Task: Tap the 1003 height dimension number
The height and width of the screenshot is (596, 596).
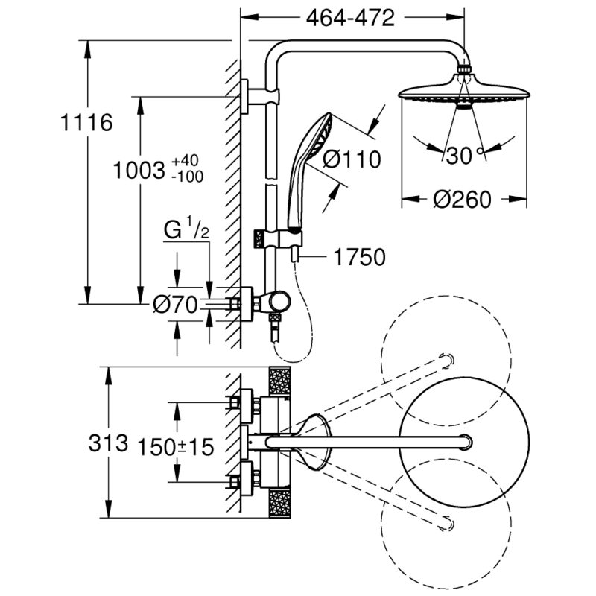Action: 139,170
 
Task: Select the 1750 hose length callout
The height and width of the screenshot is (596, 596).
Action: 360,258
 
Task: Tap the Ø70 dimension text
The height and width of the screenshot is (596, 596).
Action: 177,304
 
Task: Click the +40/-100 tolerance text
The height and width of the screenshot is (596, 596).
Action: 187,169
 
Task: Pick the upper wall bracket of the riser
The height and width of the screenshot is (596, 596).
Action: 261,95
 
